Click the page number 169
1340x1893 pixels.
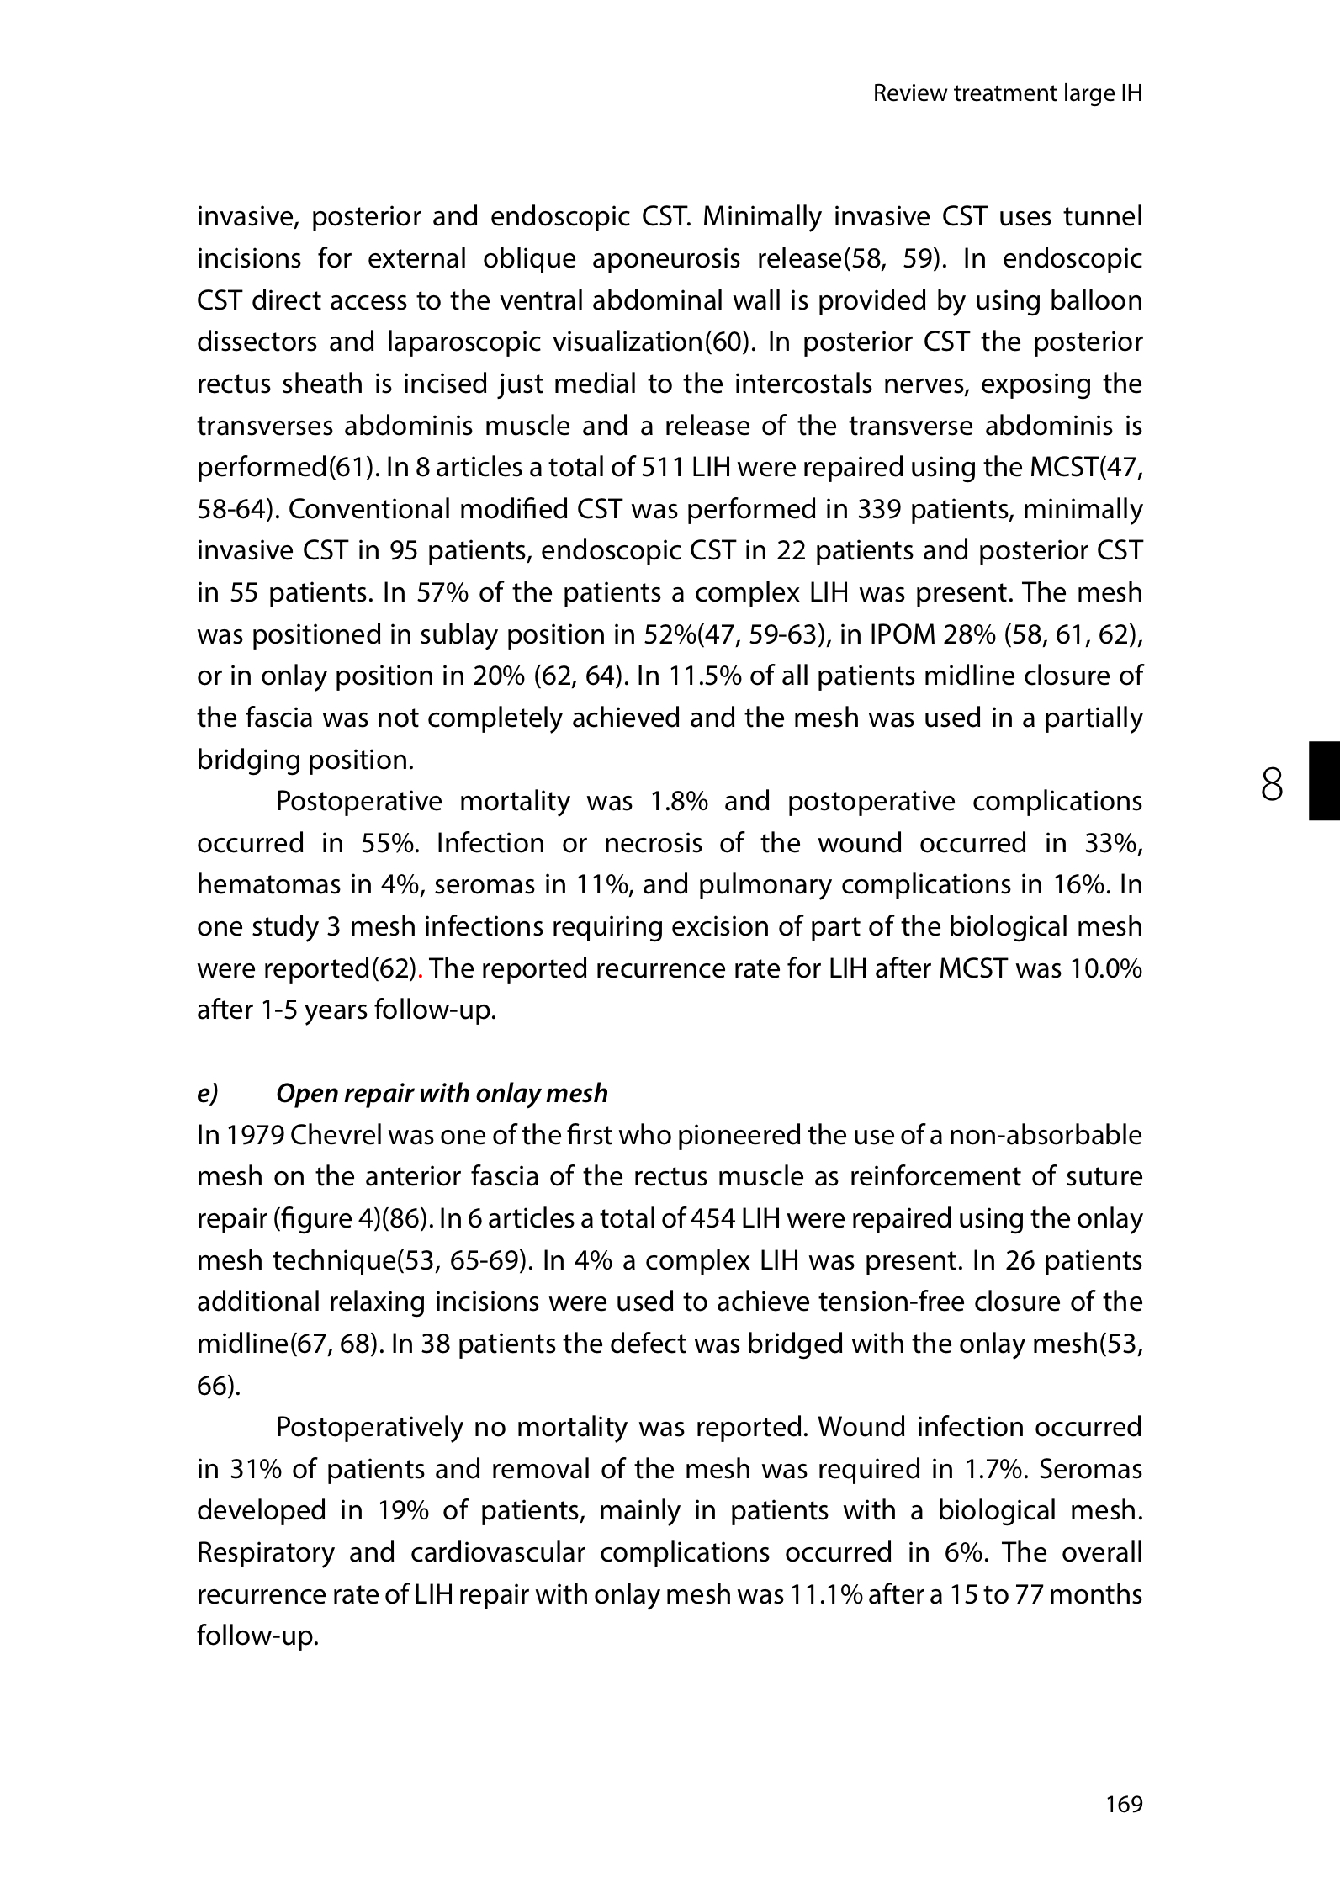coord(1124,1804)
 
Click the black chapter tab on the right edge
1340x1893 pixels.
coord(1323,780)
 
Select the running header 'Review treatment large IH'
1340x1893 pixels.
coord(1007,93)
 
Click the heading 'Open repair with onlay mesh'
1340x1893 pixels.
coord(441,1093)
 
